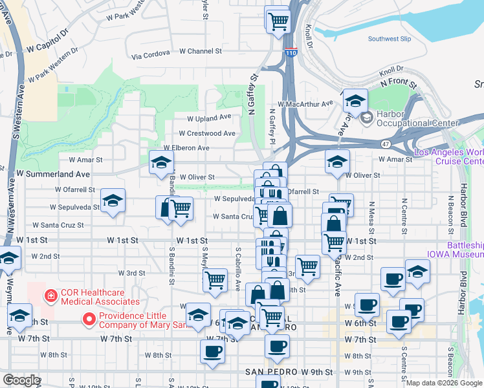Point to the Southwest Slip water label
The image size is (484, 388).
389,39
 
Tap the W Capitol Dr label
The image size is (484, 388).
47,48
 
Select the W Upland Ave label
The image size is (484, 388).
209,118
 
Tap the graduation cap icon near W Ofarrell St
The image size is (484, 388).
113,202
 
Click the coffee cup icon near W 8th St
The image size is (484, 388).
212,353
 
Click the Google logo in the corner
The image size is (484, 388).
21,380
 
